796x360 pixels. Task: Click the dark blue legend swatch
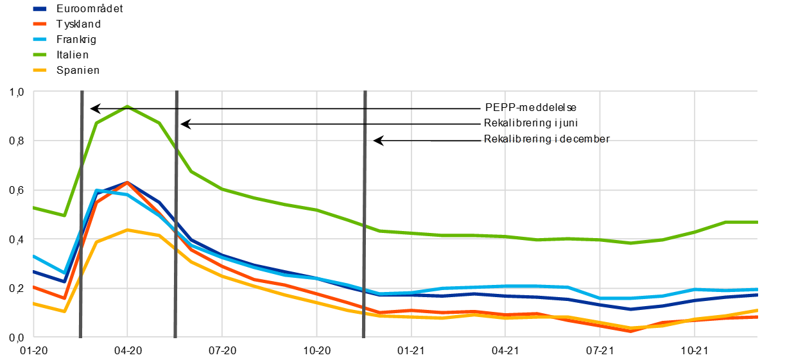pyautogui.click(x=40, y=9)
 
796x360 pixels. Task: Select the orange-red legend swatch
pyautogui.click(x=40, y=24)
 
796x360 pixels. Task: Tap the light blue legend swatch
pyautogui.click(x=40, y=39)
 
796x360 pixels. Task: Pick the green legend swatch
pyautogui.click(x=40, y=55)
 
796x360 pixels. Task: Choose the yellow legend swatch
pyautogui.click(x=40, y=70)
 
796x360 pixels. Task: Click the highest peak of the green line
pyautogui.click(x=127, y=107)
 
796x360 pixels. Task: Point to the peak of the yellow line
pyautogui.click(x=127, y=230)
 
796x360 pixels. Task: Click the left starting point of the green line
pyautogui.click(x=34, y=208)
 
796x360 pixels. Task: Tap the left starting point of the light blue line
pyautogui.click(x=34, y=257)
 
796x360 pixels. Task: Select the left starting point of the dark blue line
pyautogui.click(x=34, y=272)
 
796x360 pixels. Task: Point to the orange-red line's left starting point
pyautogui.click(x=34, y=287)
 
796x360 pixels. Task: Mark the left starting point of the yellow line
pyautogui.click(x=34, y=304)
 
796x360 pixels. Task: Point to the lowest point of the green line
pyautogui.click(x=631, y=243)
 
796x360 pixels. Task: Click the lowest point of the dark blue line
pyautogui.click(x=631, y=309)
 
